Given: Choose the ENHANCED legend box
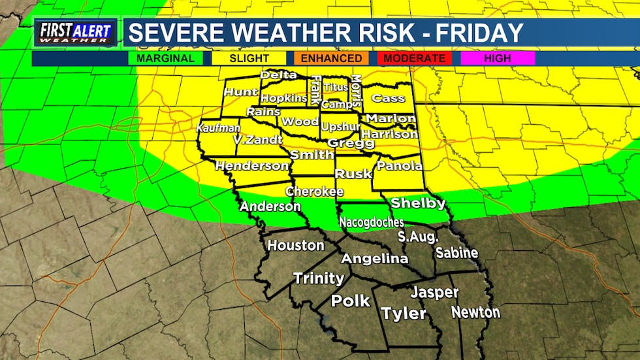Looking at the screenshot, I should tap(331, 58).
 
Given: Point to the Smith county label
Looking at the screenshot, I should tap(312, 155).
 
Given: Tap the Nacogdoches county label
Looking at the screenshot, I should tap(371, 222).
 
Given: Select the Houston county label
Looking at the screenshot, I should tap(295, 246).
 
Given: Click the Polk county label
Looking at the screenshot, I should tap(350, 301).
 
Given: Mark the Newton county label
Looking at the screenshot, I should tap(475, 312).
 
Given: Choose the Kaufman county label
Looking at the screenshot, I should tap(217, 127).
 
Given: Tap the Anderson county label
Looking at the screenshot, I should tap(270, 206).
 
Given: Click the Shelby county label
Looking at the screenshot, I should tap(418, 203).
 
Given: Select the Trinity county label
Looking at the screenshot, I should tap(318, 278).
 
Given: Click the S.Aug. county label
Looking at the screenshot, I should tap(419, 236).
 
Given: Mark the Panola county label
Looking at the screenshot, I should tap(400, 166).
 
